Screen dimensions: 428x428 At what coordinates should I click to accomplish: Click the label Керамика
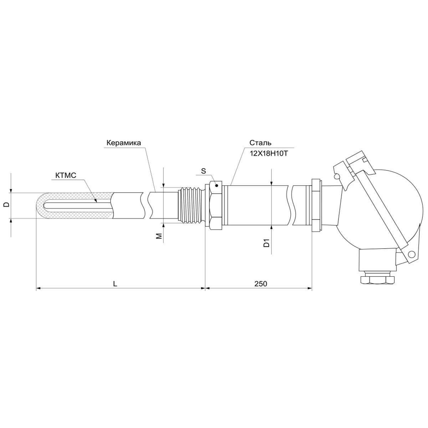(123, 143)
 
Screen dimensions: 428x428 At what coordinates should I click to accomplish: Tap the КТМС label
(66, 175)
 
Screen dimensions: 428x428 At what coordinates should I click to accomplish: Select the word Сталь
(260, 143)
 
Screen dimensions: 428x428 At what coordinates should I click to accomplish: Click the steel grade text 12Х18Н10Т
(269, 153)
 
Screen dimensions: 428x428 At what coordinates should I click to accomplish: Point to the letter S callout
(203, 171)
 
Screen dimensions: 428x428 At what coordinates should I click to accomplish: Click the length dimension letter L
(115, 284)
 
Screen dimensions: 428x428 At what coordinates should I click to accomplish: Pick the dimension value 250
(261, 284)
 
